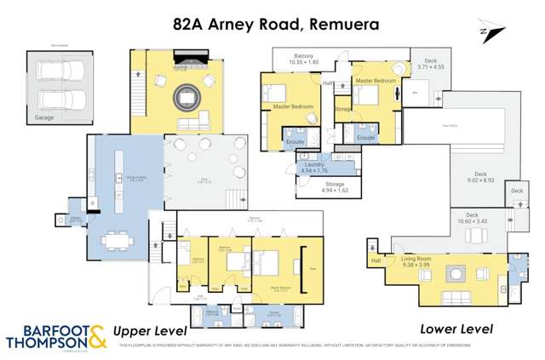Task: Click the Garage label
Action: pos(45,117)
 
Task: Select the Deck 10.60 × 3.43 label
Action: pos(473,217)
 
